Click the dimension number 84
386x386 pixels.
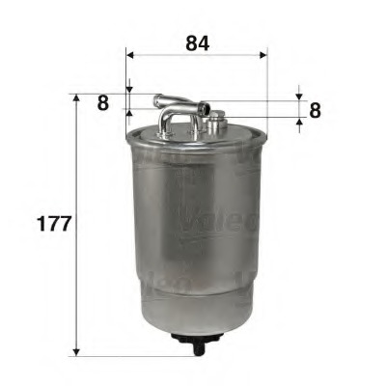point(196,43)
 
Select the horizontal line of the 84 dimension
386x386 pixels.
point(197,56)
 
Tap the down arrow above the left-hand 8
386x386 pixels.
point(126,88)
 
